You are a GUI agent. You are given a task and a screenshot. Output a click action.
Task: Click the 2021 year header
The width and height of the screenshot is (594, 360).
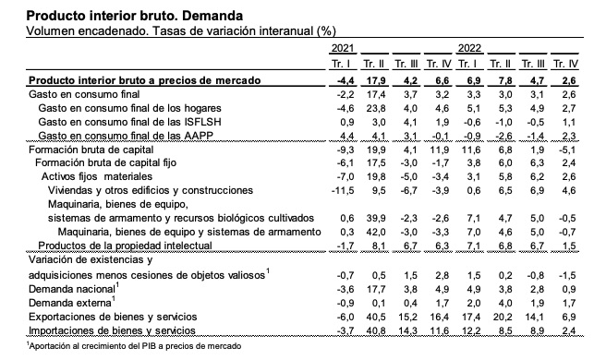point(341,48)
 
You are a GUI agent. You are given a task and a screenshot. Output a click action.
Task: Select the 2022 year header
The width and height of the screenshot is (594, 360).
point(470,48)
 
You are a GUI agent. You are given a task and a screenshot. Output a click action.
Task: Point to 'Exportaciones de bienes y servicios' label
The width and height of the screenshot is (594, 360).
point(107,315)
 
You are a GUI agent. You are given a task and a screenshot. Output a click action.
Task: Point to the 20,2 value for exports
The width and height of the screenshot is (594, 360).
point(504,315)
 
